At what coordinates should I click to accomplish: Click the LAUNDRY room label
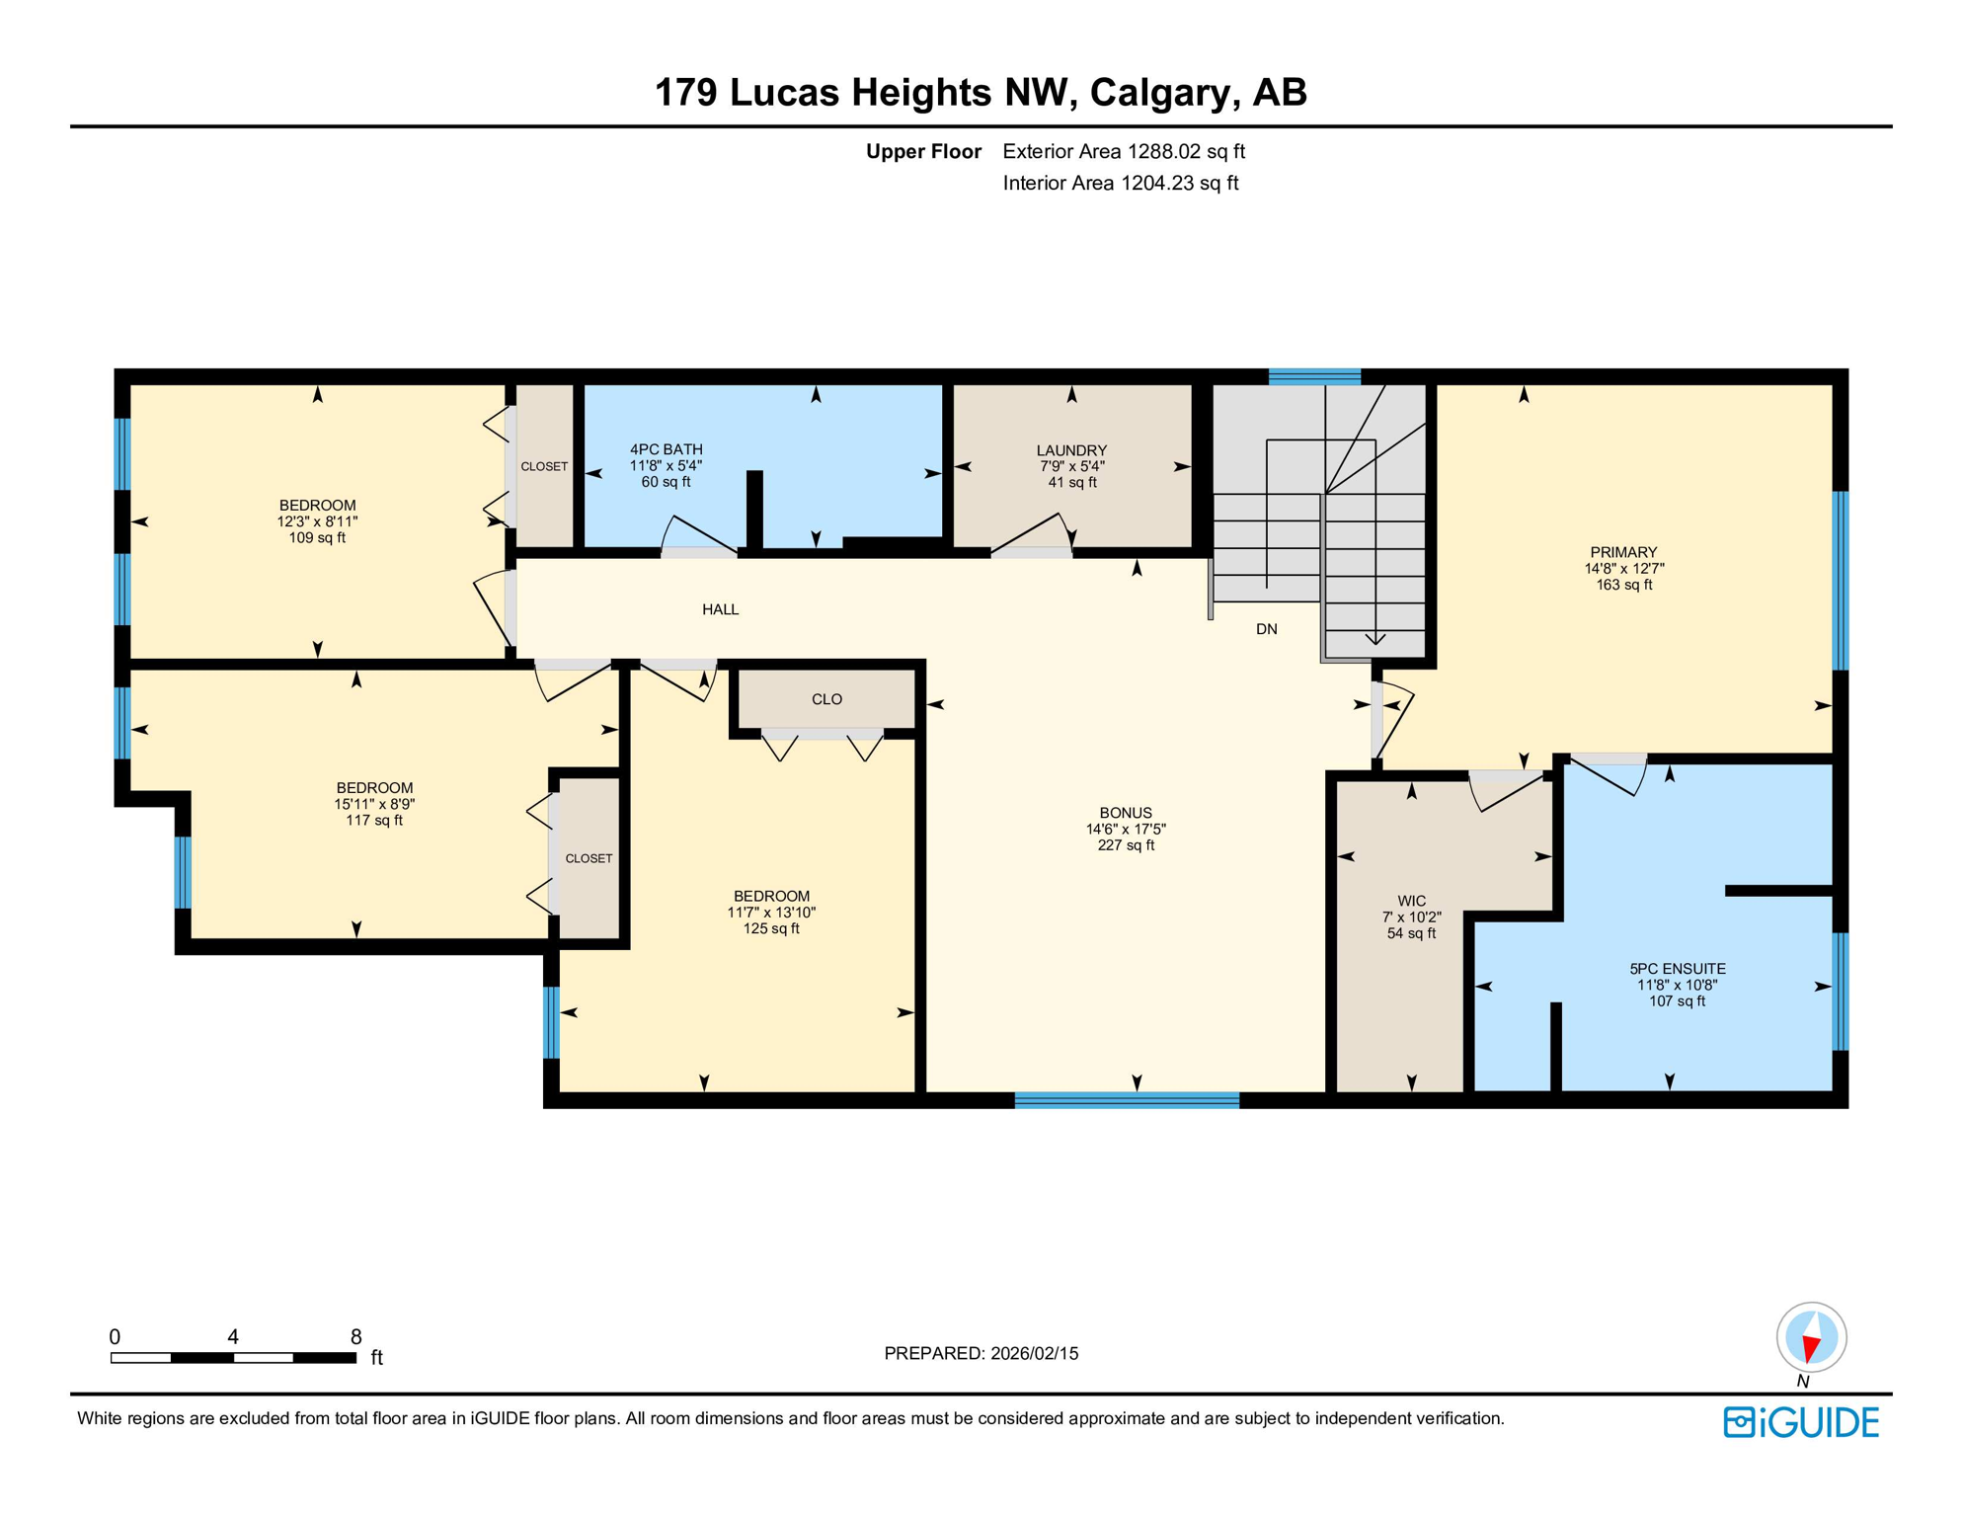pos(1071,449)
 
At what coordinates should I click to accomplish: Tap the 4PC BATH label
pos(666,449)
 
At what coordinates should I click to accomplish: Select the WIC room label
pos(1411,901)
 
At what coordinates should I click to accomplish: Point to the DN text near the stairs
pos(1266,629)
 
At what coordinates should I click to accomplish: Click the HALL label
pos(720,609)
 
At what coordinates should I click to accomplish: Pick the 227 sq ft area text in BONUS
pos(1126,845)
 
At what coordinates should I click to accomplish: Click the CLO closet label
pos(826,699)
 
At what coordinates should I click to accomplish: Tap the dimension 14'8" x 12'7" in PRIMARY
pos(1623,569)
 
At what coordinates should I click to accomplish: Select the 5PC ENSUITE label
pos(1677,969)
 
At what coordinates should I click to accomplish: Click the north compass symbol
pos(1811,1338)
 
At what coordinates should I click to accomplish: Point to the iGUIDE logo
pos(1801,1422)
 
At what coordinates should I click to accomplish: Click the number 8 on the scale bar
pos(355,1336)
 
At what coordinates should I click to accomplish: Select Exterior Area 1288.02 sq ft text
pos(1123,151)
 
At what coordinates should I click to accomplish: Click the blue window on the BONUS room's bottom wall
pos(1126,1100)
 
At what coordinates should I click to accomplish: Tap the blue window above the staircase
pos(1313,376)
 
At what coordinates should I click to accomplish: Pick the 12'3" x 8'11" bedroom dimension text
pos(317,521)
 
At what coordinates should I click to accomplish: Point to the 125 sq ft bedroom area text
pos(771,928)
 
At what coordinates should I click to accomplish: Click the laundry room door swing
pos(1033,533)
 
